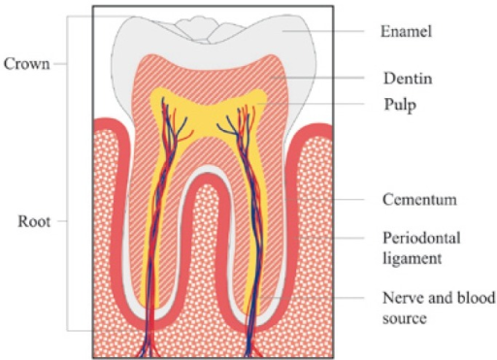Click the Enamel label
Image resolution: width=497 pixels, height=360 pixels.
click(x=404, y=32)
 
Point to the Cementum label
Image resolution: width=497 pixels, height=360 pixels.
click(x=413, y=201)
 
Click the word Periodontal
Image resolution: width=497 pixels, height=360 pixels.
click(x=414, y=238)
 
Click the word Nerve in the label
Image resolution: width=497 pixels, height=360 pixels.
click(x=397, y=298)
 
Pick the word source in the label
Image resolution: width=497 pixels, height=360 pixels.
click(x=402, y=317)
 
